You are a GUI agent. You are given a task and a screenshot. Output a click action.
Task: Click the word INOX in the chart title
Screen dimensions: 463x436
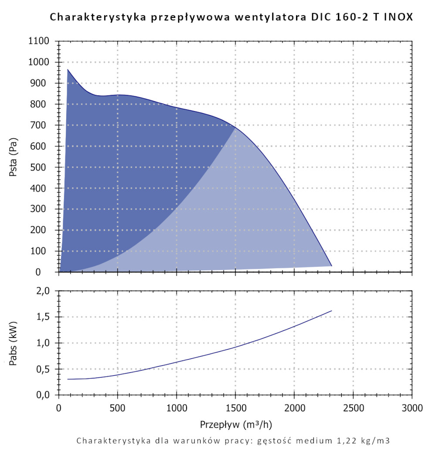tap(398, 17)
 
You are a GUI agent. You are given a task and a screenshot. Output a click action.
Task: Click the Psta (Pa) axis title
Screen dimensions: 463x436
tap(14, 157)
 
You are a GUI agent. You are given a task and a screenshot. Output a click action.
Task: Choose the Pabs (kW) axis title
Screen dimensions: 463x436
tap(14, 343)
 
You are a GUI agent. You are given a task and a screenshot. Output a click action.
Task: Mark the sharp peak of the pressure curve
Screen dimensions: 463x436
tap(68, 69)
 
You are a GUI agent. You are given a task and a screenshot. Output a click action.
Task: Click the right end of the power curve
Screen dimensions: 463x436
tap(332, 311)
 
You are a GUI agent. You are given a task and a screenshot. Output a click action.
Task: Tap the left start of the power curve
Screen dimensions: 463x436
tap(68, 379)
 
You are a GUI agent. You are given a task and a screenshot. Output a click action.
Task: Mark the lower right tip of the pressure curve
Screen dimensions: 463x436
tap(332, 266)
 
